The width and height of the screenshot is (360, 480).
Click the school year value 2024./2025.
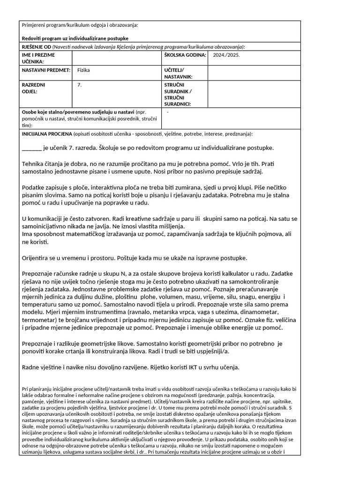tap(226, 55)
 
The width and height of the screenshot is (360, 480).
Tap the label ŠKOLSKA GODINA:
tap(185, 55)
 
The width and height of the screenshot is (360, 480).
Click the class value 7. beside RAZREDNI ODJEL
tap(79, 85)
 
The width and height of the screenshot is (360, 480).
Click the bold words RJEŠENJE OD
tap(37, 47)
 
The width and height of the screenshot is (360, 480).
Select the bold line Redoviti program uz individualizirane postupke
tap(75, 38)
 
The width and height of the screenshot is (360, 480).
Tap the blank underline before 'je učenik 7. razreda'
tap(32, 148)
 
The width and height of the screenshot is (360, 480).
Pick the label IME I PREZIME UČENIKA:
tap(39, 58)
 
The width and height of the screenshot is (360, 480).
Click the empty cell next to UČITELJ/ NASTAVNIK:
tap(253, 73)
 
